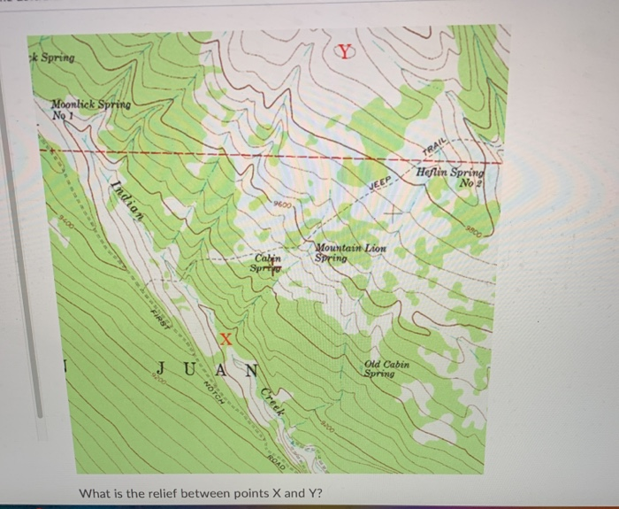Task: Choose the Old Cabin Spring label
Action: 386,368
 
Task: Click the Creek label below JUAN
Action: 272,407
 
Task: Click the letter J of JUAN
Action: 161,368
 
